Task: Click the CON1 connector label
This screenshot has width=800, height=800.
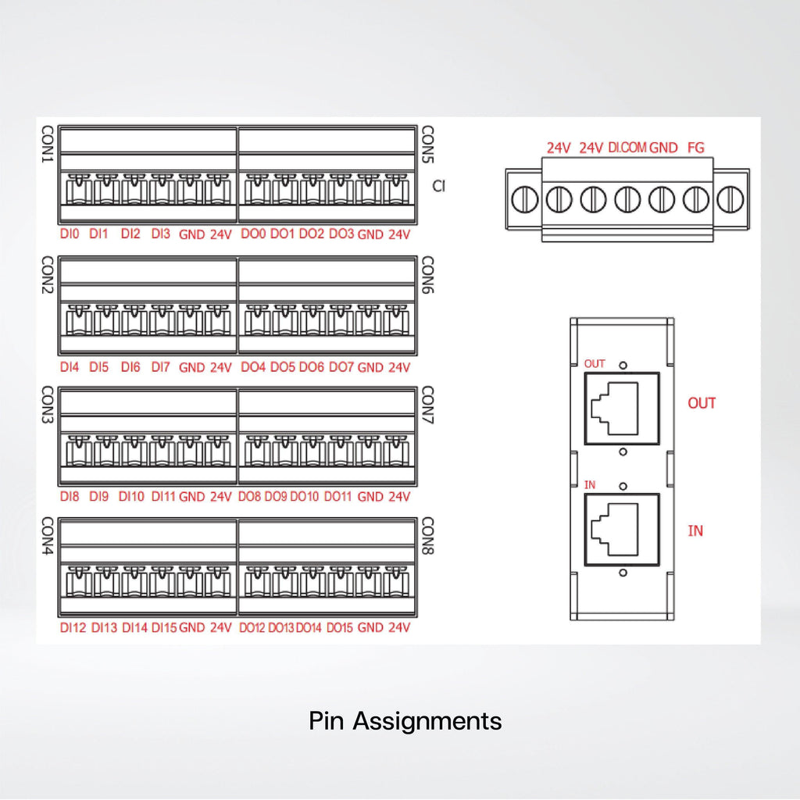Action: point(48,145)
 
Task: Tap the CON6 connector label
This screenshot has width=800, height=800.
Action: point(427,275)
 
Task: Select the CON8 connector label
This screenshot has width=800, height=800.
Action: point(427,536)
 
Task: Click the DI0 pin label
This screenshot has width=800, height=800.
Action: point(70,234)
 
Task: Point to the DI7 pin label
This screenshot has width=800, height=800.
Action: point(161,367)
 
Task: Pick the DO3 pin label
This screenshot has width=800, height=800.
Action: point(341,234)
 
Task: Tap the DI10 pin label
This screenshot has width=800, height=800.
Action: point(131,496)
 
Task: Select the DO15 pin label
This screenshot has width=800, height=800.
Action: point(340,627)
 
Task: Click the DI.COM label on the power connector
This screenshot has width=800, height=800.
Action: point(627,148)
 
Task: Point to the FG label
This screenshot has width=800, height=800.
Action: point(696,148)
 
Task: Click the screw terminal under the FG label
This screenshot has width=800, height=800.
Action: point(696,199)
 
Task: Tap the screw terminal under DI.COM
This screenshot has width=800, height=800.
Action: point(627,199)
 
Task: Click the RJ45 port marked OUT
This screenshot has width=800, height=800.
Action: point(622,409)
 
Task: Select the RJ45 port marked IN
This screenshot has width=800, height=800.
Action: point(622,530)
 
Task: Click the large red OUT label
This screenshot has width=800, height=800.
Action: point(702,403)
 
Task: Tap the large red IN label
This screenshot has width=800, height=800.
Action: point(695,530)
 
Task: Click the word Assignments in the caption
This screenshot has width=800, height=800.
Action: point(427,722)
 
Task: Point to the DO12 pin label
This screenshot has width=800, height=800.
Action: point(252,627)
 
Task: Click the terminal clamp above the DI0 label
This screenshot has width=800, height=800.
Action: point(79,189)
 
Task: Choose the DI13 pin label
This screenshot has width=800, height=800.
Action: point(104,627)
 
